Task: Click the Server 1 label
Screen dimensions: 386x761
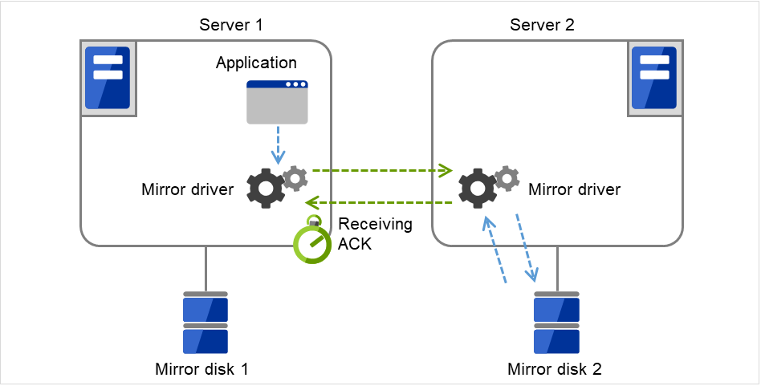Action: point(231,25)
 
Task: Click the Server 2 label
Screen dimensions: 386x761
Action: point(542,25)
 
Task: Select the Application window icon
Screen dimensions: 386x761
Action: point(277,102)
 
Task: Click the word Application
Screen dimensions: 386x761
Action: point(256,63)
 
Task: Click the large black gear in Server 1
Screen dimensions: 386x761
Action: point(266,189)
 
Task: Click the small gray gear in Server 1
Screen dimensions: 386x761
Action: point(295,177)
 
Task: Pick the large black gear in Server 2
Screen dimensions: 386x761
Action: point(477,189)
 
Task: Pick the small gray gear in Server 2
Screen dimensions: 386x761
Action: point(507,177)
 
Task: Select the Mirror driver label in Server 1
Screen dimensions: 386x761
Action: point(188,190)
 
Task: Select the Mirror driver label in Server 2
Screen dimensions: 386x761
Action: point(574,190)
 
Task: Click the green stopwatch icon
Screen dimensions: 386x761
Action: point(311,242)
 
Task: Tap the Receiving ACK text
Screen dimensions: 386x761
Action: point(374,234)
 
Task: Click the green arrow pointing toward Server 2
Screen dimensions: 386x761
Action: point(381,170)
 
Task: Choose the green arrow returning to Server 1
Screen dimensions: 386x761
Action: point(381,203)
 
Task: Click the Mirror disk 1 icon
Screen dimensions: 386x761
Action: point(206,323)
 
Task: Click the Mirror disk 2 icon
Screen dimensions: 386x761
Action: point(557,323)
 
